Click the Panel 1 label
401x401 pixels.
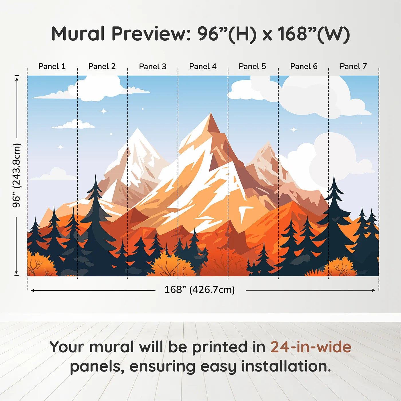pos(52,66)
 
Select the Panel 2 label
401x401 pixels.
pos(102,66)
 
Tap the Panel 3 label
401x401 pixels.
pos(152,66)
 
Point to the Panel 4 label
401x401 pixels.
pos(203,66)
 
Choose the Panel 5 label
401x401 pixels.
pos(252,66)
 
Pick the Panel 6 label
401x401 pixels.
pos(304,66)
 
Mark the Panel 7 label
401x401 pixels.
pos(353,66)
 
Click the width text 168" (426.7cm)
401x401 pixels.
pos(199,290)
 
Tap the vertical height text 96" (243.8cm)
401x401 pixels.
pos(17,175)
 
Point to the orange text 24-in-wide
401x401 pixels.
pos(311,347)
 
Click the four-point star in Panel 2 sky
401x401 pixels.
pos(104,111)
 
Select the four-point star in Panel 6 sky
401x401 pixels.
pos(294,130)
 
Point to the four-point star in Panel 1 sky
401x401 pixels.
pos(61,147)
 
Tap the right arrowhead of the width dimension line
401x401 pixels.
pos(374,290)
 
